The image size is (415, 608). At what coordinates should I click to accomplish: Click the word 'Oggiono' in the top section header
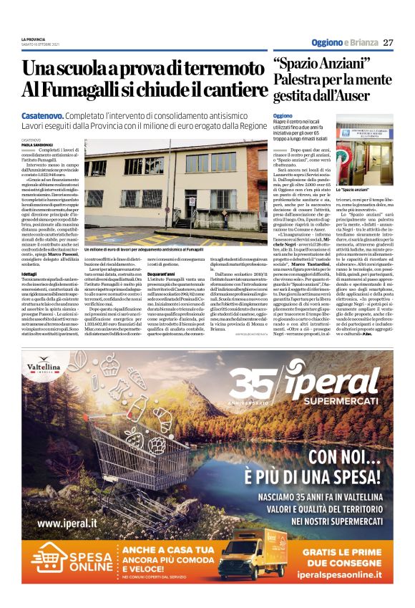point(326,43)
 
